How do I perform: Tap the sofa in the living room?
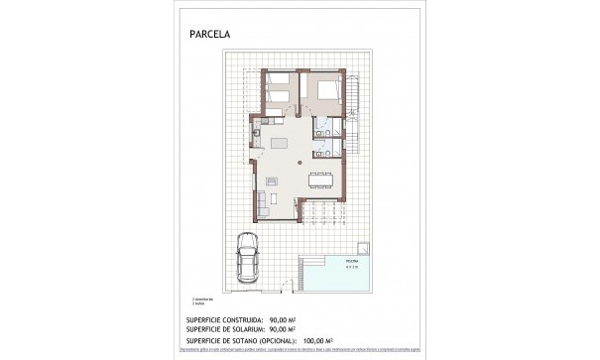pyautogui.click(x=264, y=199)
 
